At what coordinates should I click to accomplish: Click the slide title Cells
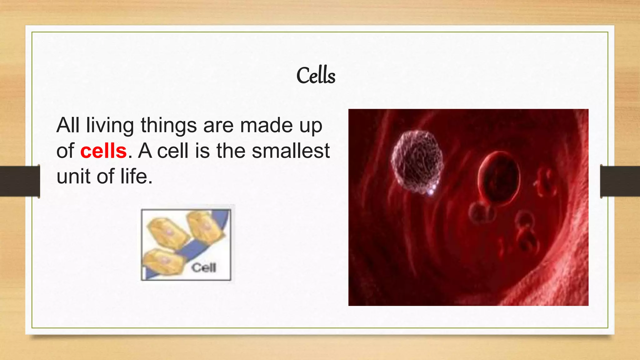316,76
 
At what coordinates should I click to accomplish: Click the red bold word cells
103,151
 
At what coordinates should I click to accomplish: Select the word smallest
291,151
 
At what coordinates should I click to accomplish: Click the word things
168,125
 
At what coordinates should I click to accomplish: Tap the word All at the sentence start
67,125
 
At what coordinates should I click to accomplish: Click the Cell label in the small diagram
204,268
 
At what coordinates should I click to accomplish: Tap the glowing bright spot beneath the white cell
431,191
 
